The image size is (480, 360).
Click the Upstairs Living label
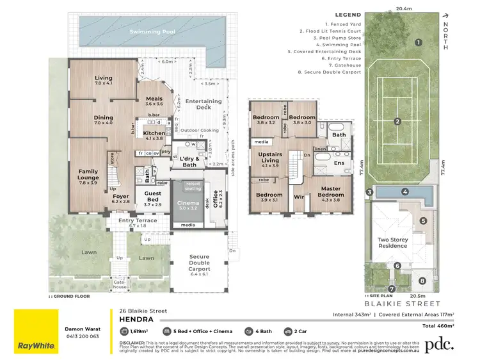pos(270,158)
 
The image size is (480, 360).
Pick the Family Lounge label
pos(88,175)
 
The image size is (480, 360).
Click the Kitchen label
pos(154,135)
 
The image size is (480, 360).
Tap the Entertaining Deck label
pos(203,104)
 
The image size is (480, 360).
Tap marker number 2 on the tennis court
pos(397,122)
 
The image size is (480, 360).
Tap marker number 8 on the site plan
pos(422,281)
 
